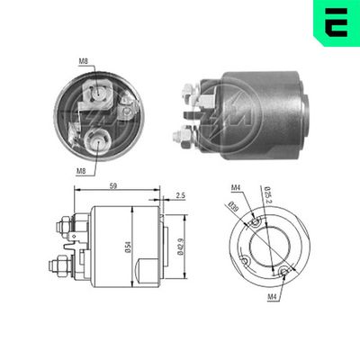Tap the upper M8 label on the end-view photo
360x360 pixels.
83,61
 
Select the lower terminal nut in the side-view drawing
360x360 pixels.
58,265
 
